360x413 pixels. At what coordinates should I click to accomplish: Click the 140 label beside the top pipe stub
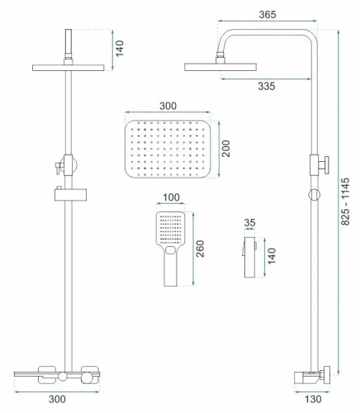point(119,47)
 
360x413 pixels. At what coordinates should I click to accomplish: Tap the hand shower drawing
point(169,244)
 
